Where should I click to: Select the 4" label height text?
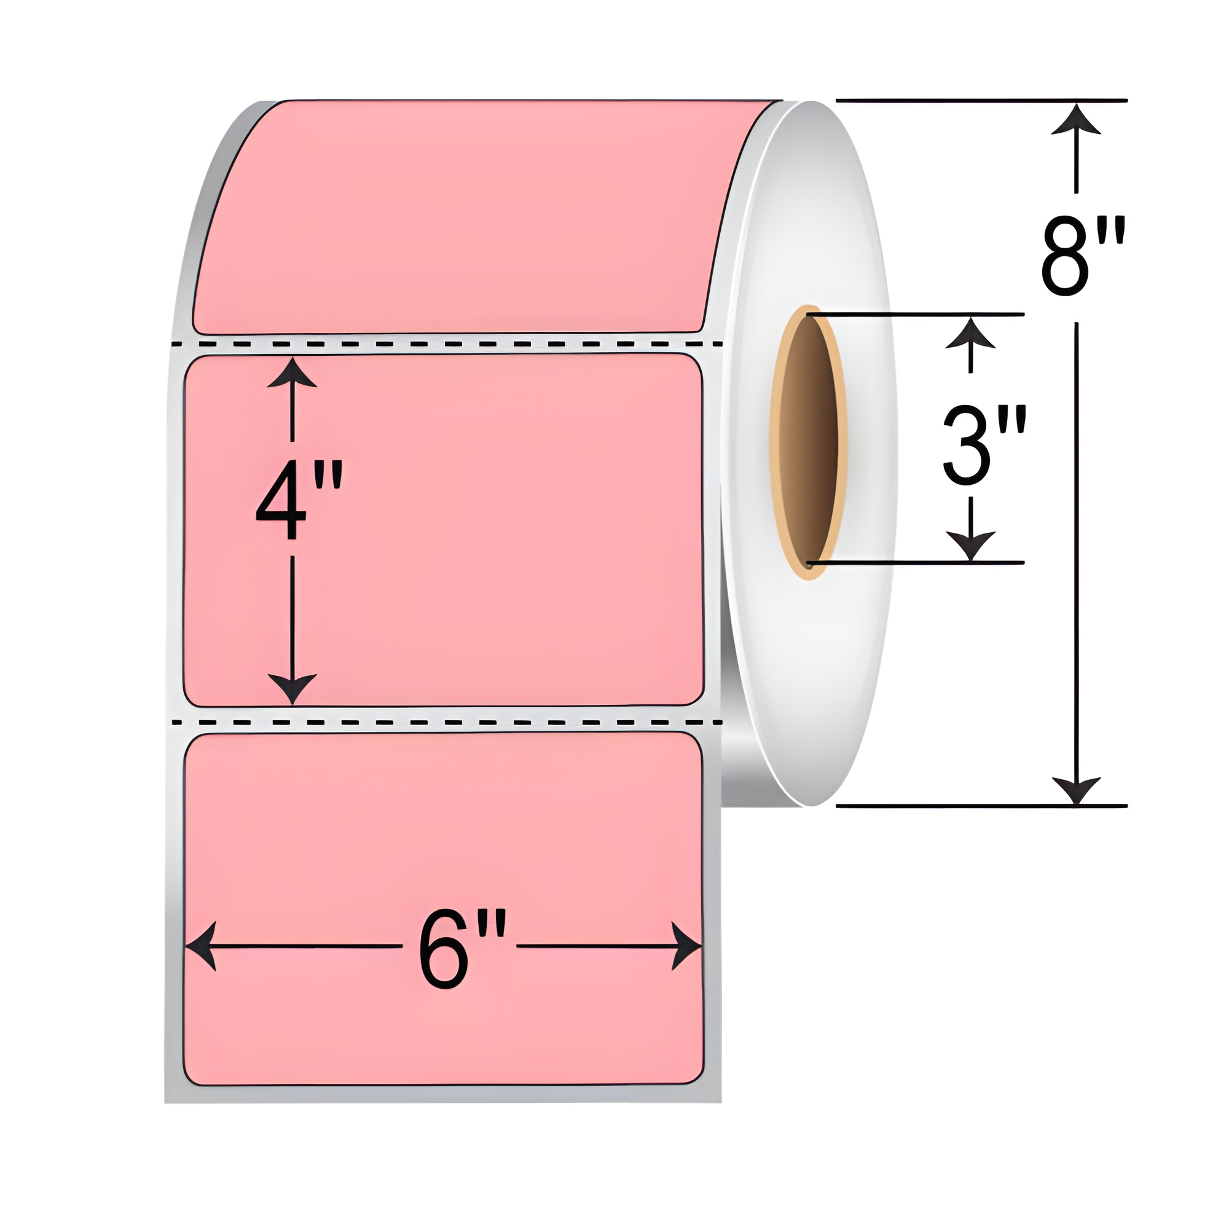click(299, 501)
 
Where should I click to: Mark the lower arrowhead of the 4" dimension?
click(292, 688)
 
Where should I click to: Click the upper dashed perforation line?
click(446, 344)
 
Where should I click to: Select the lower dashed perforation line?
click(446, 723)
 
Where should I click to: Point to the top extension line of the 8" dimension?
click(980, 101)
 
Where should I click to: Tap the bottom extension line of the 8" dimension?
click(980, 806)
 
